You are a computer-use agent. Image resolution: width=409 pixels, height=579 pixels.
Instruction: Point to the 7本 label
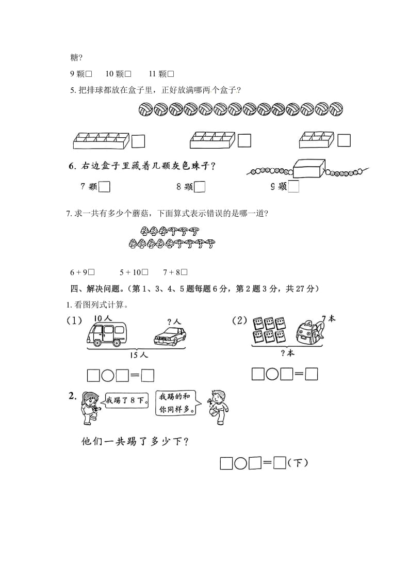(328, 319)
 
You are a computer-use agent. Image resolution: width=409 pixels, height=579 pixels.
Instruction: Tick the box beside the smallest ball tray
(343, 140)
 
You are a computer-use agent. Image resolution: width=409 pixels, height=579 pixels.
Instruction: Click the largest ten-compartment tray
(100, 139)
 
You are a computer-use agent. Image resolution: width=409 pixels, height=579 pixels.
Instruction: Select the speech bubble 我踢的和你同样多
(176, 400)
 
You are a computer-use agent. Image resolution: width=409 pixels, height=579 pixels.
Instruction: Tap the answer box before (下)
(280, 463)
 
